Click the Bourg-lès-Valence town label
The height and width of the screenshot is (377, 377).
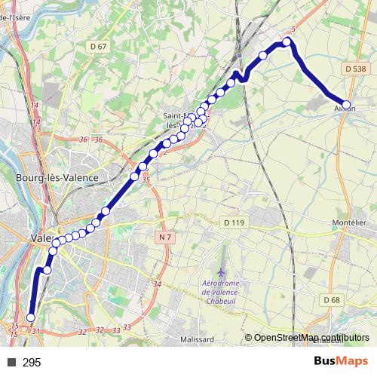(x=57, y=177)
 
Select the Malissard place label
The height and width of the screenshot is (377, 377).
(x=198, y=339)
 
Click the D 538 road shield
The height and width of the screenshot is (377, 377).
(x=355, y=69)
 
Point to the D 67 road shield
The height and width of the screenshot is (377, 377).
(x=98, y=47)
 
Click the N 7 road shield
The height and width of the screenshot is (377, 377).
(x=165, y=238)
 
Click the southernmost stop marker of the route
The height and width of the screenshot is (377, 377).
(x=31, y=317)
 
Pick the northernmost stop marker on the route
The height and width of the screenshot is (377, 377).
(x=287, y=42)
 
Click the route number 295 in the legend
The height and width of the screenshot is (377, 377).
(x=32, y=363)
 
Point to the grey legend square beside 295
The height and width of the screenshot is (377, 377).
(x=11, y=363)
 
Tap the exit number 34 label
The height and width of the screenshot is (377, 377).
(x=157, y=284)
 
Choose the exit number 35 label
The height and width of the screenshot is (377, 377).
(x=146, y=180)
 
